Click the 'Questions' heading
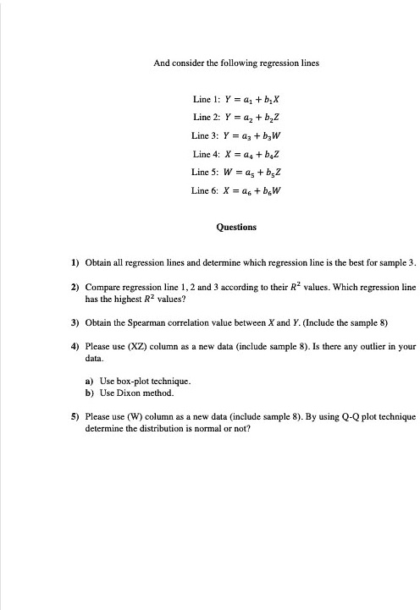point(236,227)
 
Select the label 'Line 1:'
point(206,99)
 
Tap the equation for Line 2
point(251,117)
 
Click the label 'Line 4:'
point(206,153)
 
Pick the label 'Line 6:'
point(206,190)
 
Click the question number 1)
point(75,263)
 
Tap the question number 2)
point(75,288)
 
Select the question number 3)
point(75,322)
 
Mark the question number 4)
point(75,346)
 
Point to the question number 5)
point(75,417)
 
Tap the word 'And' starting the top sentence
point(161,63)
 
